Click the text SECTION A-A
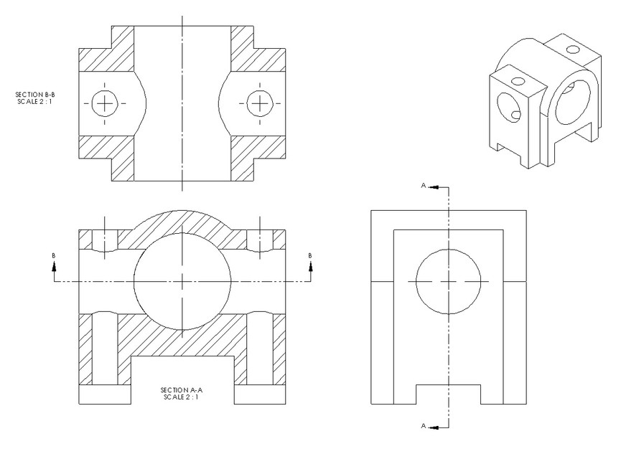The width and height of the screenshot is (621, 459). click(176, 390)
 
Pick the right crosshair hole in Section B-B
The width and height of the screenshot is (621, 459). click(258, 103)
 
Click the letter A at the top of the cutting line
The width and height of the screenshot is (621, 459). click(424, 186)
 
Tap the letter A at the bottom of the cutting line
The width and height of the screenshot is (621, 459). click(424, 425)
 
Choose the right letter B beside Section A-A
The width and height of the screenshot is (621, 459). click(310, 255)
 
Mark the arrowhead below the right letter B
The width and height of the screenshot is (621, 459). click(310, 267)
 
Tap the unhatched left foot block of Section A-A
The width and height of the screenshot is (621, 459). click(104, 395)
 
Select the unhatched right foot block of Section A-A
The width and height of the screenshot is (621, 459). click(261, 395)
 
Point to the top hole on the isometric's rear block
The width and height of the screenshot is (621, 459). click(572, 49)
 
